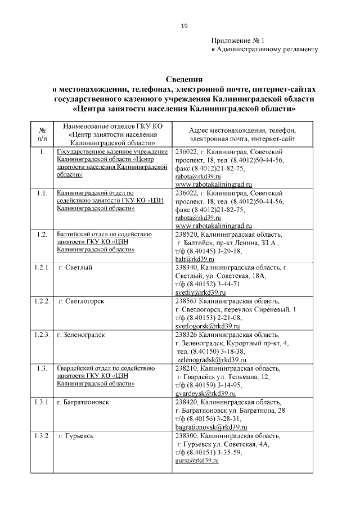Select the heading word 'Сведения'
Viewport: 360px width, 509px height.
[184, 79]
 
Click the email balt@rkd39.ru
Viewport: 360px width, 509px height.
[195, 259]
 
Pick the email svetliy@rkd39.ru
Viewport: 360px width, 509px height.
[200, 292]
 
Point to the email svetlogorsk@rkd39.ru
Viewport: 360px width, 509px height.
[208, 326]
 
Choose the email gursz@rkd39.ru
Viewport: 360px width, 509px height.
[196, 460]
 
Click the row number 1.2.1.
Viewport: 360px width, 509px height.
[42, 268]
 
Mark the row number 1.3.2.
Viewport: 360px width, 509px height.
[42, 435]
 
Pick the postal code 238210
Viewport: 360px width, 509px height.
[186, 368]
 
